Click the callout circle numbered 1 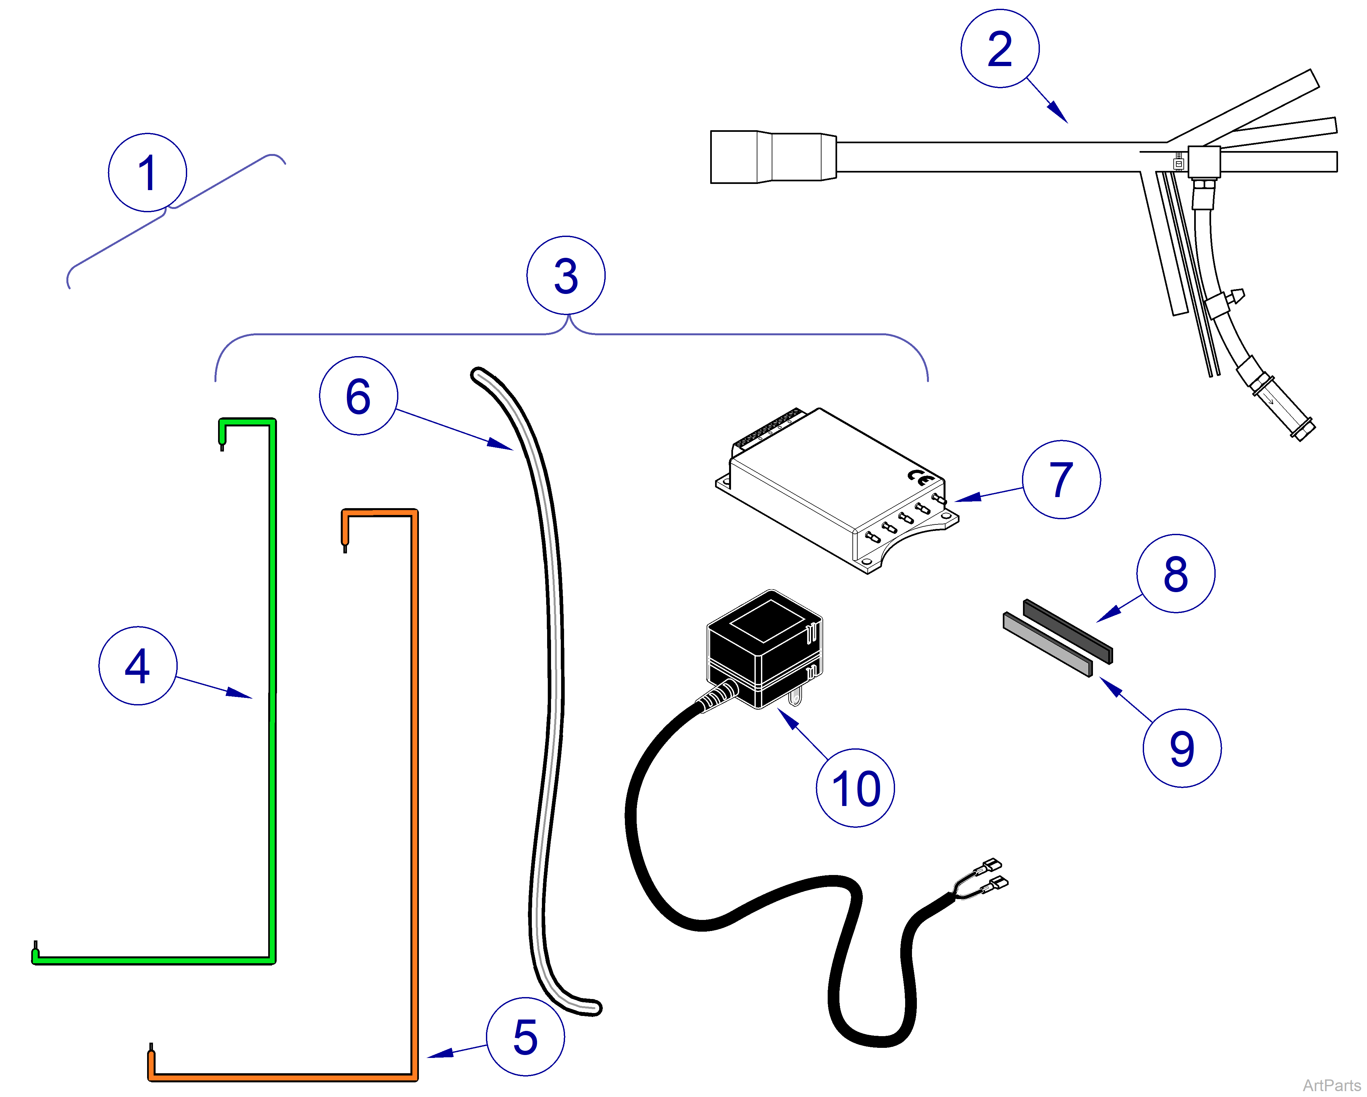coord(147,173)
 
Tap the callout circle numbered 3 coord(566,275)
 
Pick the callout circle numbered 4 coord(138,666)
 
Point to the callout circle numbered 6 coord(358,396)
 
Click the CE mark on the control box coord(920,477)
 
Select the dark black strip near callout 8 coord(1068,631)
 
